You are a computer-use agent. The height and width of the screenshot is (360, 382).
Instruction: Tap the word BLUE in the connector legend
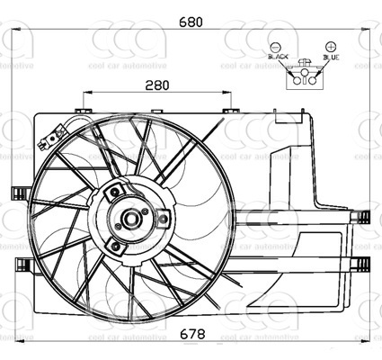[x=332, y=57]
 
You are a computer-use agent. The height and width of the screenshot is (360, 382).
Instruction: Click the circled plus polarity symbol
[x=331, y=45]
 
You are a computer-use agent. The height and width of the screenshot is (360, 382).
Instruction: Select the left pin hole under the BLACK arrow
[x=297, y=78]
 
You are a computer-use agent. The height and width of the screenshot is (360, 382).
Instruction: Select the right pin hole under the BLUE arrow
[x=313, y=78]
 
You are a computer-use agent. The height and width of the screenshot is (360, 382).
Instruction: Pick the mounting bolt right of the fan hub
[x=163, y=219]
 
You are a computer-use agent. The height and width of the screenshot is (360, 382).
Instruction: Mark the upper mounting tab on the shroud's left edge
[x=17, y=193]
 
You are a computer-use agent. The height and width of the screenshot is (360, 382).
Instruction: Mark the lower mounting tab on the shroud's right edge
[x=360, y=263]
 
